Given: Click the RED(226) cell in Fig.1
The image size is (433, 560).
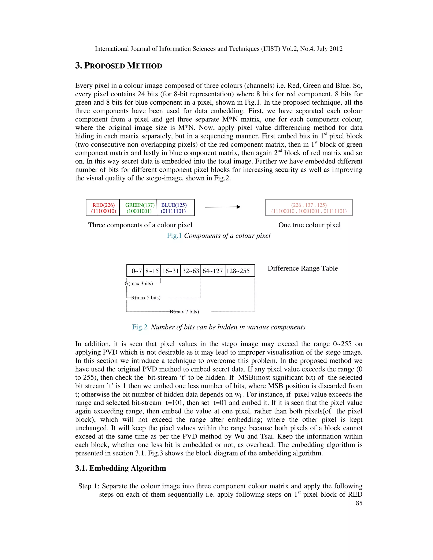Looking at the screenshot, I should click(103, 208).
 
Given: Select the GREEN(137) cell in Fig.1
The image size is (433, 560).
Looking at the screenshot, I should click(139, 208).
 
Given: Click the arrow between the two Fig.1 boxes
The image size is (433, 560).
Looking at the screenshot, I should click(222, 207).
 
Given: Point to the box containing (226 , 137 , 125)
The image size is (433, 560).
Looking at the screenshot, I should click(309, 208).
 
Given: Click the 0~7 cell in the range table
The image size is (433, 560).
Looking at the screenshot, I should click(136, 271).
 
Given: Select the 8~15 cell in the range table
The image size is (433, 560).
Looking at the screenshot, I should click(152, 271).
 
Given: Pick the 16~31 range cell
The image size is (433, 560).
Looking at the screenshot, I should click(171, 271).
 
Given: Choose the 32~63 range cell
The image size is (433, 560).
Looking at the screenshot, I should click(190, 271).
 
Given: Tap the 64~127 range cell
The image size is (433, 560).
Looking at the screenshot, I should click(213, 271).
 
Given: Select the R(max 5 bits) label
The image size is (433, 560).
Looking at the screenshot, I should click(146, 298).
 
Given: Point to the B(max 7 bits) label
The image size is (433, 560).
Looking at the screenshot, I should click(184, 312).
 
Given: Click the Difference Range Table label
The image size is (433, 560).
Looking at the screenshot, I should click(303, 268).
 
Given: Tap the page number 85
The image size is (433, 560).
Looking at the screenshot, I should click(359, 503).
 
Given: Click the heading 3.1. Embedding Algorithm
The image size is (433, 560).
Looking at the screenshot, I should click(121, 468).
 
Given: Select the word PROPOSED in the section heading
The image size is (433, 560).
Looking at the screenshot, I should click(105, 66).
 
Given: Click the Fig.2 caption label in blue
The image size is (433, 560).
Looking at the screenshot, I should click(140, 327).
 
